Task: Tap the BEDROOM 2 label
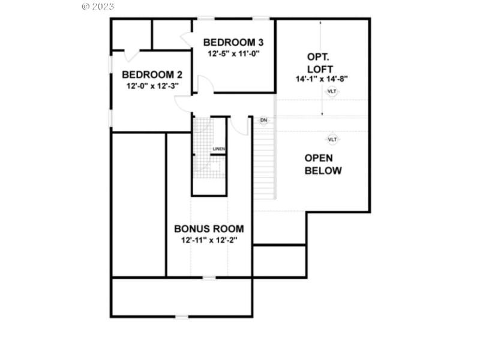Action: coord(152,75)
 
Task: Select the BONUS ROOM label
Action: coord(209,229)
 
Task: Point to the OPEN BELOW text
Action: coord(323,164)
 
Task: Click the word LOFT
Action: coord(322,68)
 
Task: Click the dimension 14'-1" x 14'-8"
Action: coord(322,79)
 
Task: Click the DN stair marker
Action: coord(263,121)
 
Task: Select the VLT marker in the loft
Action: coord(332,91)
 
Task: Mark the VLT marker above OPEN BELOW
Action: coord(332,139)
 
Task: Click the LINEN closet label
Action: coord(218,149)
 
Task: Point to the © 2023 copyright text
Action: coord(98,7)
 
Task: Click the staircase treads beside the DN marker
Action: coord(264,162)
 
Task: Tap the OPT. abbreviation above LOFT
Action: coord(317,57)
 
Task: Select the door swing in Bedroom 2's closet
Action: coord(131,55)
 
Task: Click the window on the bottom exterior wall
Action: coord(181,316)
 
